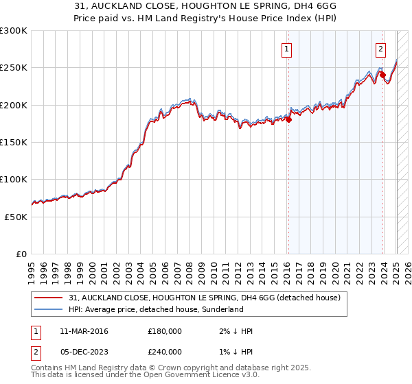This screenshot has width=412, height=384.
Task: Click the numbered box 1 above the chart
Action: (x=286, y=49)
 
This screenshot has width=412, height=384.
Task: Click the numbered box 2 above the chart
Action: (x=380, y=49)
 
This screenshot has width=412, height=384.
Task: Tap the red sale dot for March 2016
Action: (x=289, y=120)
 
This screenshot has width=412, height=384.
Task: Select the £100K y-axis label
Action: (x=14, y=179)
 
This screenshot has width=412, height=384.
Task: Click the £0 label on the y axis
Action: (x=21, y=254)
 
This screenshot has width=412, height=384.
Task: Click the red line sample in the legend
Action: (x=49, y=298)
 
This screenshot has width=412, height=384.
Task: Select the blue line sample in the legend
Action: (x=49, y=310)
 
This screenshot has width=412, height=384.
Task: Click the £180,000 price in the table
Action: (x=165, y=331)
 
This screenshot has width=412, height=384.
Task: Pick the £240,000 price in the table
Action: (x=165, y=352)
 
